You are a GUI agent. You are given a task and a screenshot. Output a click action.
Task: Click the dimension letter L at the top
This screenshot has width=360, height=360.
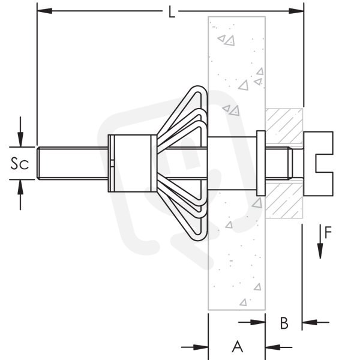click(172, 12)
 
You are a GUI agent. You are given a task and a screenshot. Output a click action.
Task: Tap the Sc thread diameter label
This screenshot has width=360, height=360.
click(20, 163)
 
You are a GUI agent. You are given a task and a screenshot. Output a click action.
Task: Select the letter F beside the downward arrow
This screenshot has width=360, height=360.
click(328, 232)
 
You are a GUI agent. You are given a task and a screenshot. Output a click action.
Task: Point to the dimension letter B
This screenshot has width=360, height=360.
click(284, 323)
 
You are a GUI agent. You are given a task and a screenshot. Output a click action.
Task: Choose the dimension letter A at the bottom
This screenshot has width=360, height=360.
click(237, 347)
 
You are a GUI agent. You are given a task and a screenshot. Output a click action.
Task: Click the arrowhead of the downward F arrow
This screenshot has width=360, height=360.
click(320, 251)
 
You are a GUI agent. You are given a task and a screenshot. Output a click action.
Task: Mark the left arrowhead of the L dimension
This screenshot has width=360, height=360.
click(44, 11)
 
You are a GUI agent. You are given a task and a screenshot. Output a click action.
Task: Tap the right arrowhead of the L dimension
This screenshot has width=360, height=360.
click(296, 11)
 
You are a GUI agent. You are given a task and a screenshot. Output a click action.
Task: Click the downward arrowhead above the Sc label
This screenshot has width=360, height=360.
click(20, 139)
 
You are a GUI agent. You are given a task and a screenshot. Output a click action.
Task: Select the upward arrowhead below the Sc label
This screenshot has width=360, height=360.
click(20, 187)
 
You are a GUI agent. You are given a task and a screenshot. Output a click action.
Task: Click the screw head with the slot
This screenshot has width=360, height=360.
click(319, 164)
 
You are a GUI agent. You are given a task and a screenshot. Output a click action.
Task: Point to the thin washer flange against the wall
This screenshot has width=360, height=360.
click(261, 163)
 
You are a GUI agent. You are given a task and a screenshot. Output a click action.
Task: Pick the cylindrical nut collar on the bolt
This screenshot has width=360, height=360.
click(133, 163)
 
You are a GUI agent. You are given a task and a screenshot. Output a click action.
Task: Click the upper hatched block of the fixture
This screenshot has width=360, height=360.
click(284, 126)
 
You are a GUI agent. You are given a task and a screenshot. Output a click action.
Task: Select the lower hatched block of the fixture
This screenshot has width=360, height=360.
click(284, 200)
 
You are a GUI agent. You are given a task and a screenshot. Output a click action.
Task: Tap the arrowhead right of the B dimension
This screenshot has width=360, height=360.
click(310, 322)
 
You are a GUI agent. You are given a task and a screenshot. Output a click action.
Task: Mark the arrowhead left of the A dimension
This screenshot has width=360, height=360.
click(200, 347)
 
